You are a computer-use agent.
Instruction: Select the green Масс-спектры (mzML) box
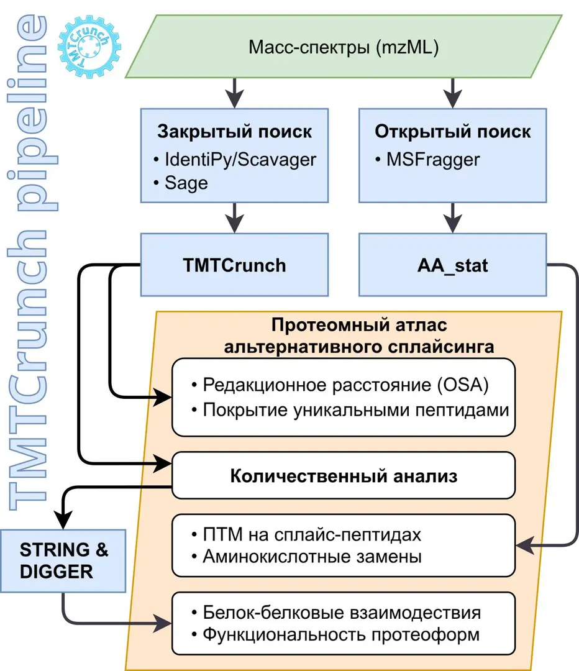[344, 47]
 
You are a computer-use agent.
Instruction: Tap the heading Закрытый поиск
[234, 132]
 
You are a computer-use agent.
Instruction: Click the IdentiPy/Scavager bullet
[235, 160]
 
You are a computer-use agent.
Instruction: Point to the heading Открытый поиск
[453, 132]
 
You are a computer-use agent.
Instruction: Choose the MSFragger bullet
[427, 160]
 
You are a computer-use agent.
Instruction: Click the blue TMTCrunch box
[234, 265]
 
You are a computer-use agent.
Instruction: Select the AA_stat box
[452, 265]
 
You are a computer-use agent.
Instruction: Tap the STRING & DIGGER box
[64, 560]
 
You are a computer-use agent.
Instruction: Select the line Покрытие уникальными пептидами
[350, 410]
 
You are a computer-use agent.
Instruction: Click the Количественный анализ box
[344, 476]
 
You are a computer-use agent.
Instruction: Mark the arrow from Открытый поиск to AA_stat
[453, 217]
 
